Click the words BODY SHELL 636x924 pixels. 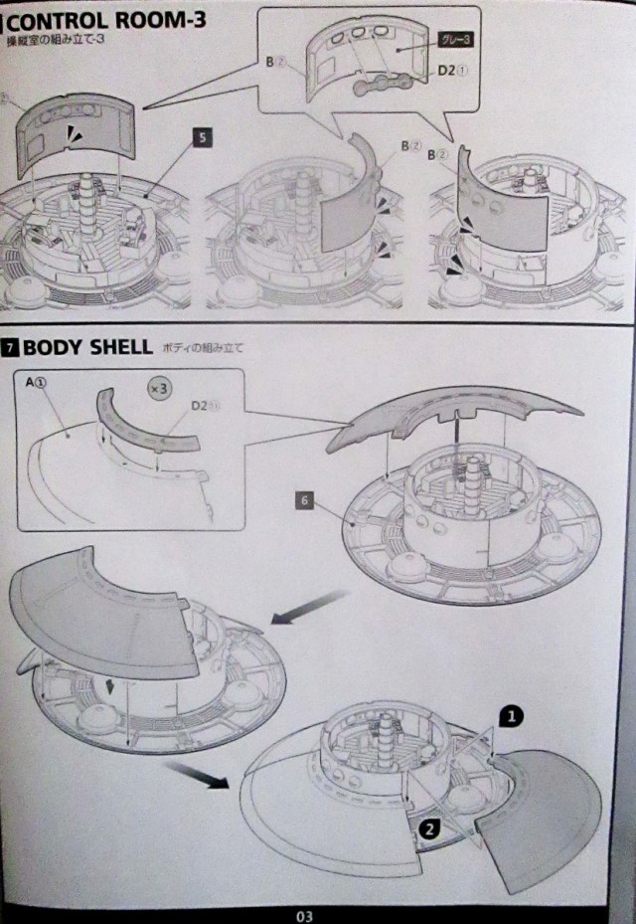click(86, 349)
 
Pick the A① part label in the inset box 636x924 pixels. click(40, 382)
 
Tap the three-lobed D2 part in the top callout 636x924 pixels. click(385, 85)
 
